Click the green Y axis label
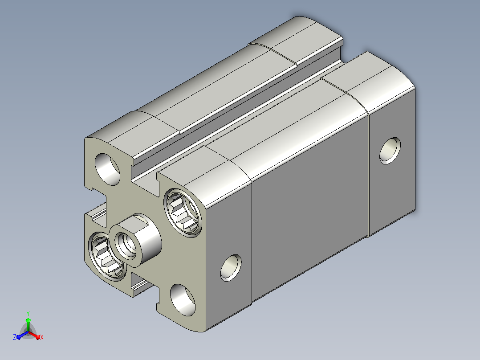(28, 313)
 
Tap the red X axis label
(42, 337)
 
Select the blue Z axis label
(15, 337)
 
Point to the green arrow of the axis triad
(28, 324)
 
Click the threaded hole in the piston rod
(126, 245)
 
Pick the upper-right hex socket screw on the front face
(183, 213)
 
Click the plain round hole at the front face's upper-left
(107, 169)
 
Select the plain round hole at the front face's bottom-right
(183, 300)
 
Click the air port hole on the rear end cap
(390, 151)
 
